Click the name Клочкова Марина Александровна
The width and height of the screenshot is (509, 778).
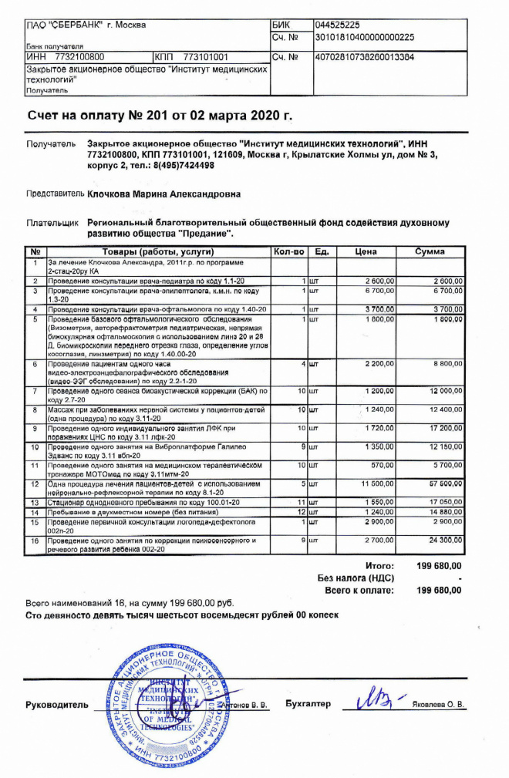point(163,194)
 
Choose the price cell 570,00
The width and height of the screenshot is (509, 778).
point(383,466)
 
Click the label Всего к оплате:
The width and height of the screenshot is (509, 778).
point(359,590)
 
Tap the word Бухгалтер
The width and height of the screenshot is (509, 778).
point(308,704)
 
